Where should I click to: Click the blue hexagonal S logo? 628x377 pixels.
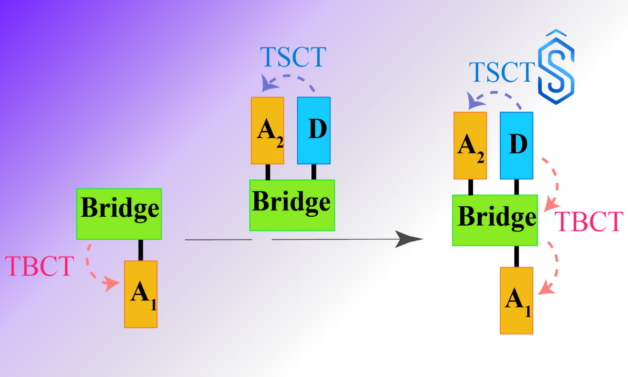(556, 68)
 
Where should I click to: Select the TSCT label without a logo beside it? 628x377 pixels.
(293, 57)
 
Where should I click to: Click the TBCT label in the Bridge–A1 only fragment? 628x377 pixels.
(39, 267)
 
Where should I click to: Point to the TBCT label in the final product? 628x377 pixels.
(589, 222)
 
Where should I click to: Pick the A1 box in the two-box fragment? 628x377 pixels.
(140, 294)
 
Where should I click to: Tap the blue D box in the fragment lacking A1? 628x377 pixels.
(314, 130)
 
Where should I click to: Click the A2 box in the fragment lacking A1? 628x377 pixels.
(267, 130)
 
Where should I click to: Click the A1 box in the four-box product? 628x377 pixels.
(516, 300)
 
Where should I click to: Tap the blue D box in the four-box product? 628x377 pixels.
(517, 146)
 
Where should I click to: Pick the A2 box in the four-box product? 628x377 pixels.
(470, 146)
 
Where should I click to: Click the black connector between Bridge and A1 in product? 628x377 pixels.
(517, 257)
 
